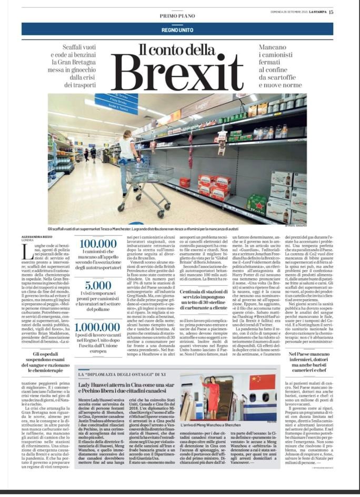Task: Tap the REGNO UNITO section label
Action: pyautogui.click(x=180, y=28)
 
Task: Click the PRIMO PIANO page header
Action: pyautogui.click(x=180, y=16)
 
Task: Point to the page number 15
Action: pyautogui.click(x=345, y=13)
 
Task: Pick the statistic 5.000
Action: pyautogui.click(x=99, y=285)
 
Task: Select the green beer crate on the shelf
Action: pyautogui.click(x=257, y=202)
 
